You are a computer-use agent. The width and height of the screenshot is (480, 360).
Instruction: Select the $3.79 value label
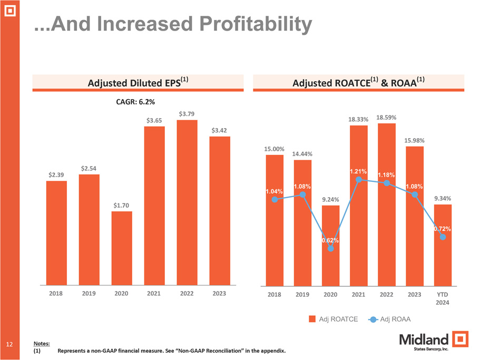pos(188,113)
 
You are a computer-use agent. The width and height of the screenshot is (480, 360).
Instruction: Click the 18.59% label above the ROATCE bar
pos(386,117)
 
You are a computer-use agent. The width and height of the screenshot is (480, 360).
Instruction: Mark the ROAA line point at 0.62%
pos(330,249)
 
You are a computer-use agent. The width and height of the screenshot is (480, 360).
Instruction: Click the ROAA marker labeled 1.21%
pos(359,180)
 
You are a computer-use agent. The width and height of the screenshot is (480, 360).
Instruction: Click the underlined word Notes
pos(42,343)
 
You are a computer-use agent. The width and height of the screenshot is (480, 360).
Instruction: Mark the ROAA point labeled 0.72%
pos(443,237)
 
